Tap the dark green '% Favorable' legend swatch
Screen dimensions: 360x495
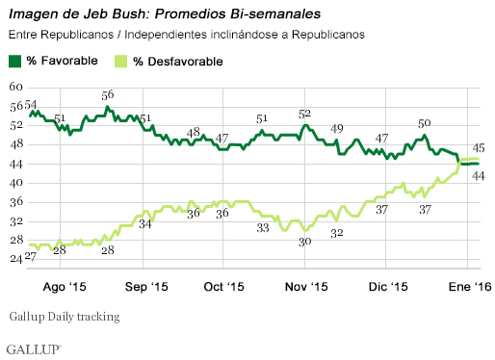point(15,62)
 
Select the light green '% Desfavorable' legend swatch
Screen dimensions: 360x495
point(120,62)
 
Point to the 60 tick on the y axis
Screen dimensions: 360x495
point(16,87)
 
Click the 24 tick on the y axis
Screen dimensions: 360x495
point(16,260)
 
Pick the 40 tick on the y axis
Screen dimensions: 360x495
point(16,183)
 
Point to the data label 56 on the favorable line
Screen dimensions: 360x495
point(108,95)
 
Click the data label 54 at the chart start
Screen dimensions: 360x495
point(31,104)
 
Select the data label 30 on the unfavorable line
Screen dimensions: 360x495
point(304,242)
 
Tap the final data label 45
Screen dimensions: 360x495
point(477,148)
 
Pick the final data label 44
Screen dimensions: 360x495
point(477,174)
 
